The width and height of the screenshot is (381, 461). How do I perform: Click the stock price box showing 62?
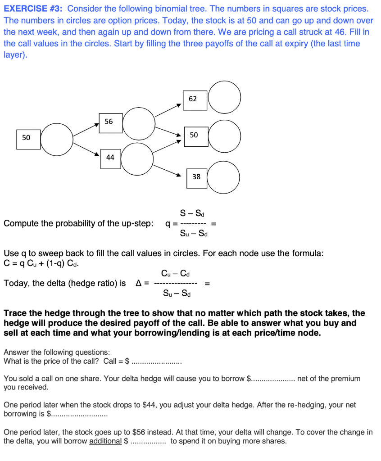point(195,99)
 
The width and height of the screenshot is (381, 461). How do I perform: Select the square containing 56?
point(111,122)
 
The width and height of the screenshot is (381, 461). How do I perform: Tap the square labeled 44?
point(110,158)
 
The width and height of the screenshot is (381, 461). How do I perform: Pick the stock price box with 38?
point(196,177)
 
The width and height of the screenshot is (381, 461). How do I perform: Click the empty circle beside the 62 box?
point(224,97)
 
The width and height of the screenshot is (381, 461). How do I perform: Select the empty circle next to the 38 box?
point(223,177)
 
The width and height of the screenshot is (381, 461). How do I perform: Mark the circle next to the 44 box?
point(137,159)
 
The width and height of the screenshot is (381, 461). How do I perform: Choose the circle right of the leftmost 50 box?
point(57,139)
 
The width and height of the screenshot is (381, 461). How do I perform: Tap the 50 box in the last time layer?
point(195,136)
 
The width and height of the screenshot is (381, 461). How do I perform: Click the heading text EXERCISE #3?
point(33,9)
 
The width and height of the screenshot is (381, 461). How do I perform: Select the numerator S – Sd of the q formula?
point(192,213)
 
